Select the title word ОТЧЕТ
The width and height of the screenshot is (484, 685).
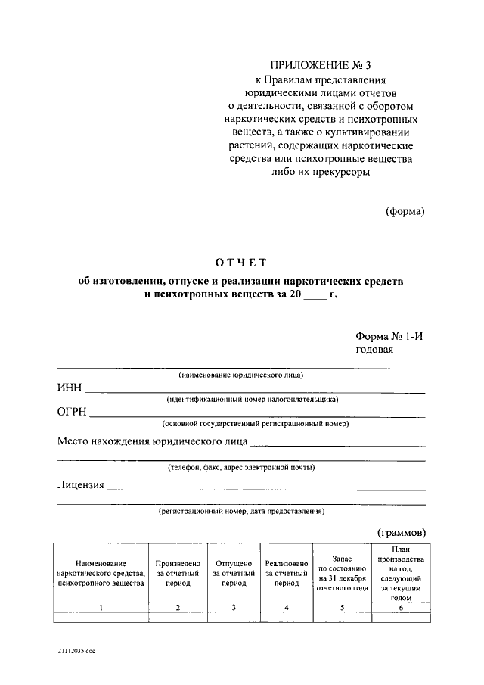[x=241, y=263]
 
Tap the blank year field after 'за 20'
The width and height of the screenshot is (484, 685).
[x=314, y=295]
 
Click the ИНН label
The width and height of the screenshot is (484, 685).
[x=69, y=388]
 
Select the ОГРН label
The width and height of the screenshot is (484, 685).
[x=72, y=413]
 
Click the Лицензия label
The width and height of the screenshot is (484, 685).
[x=80, y=484]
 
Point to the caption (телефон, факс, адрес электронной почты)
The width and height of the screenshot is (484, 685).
[x=241, y=468]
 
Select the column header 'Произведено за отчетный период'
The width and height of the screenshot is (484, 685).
[x=178, y=574]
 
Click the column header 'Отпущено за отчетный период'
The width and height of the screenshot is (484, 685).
[x=234, y=574]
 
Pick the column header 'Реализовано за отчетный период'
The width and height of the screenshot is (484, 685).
[x=287, y=574]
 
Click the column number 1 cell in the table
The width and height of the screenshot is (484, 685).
[x=101, y=607]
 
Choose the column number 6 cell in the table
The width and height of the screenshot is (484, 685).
[x=400, y=607]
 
